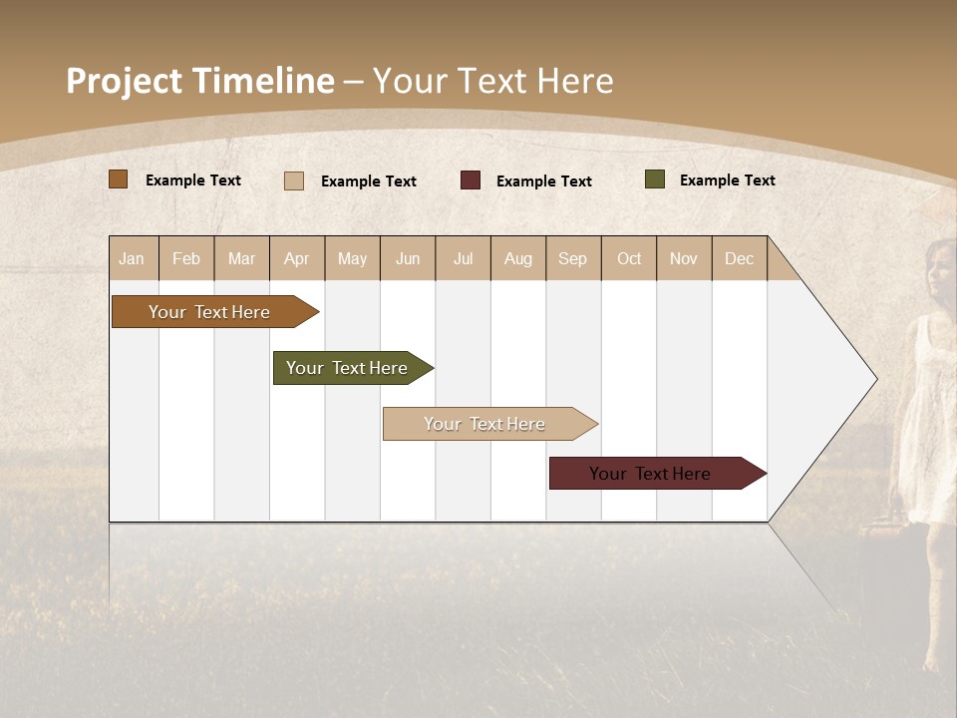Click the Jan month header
tap(133, 258)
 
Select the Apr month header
tap(297, 258)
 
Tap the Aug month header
tap(518, 258)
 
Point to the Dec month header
tap(740, 258)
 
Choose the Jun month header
tap(408, 258)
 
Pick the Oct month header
tap(629, 258)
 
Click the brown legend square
tap(118, 179)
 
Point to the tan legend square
tap(293, 180)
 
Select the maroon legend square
tap(471, 180)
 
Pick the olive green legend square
tap(654, 179)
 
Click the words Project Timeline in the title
tap(199, 81)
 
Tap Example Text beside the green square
tap(727, 180)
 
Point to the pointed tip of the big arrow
tap(875, 379)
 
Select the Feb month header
tap(186, 258)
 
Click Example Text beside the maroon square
tap(543, 181)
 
